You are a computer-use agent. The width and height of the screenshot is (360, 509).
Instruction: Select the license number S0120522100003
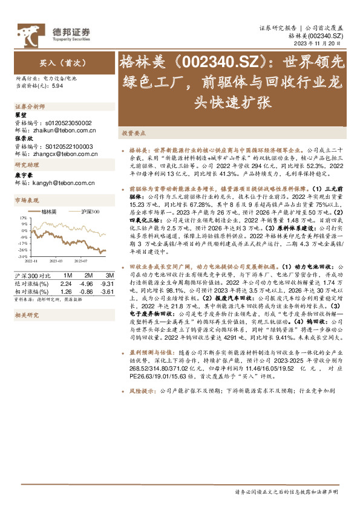[x=67, y=146]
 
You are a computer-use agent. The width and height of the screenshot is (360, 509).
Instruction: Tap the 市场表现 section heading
[x=27, y=200]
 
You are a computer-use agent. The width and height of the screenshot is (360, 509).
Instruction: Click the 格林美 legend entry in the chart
[x=49, y=212]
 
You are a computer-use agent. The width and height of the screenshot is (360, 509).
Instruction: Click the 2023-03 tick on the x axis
[x=56, y=260]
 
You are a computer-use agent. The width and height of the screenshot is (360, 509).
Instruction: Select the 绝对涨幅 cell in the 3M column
[x=105, y=283]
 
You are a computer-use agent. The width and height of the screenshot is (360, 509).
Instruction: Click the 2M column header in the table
[x=87, y=275]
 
